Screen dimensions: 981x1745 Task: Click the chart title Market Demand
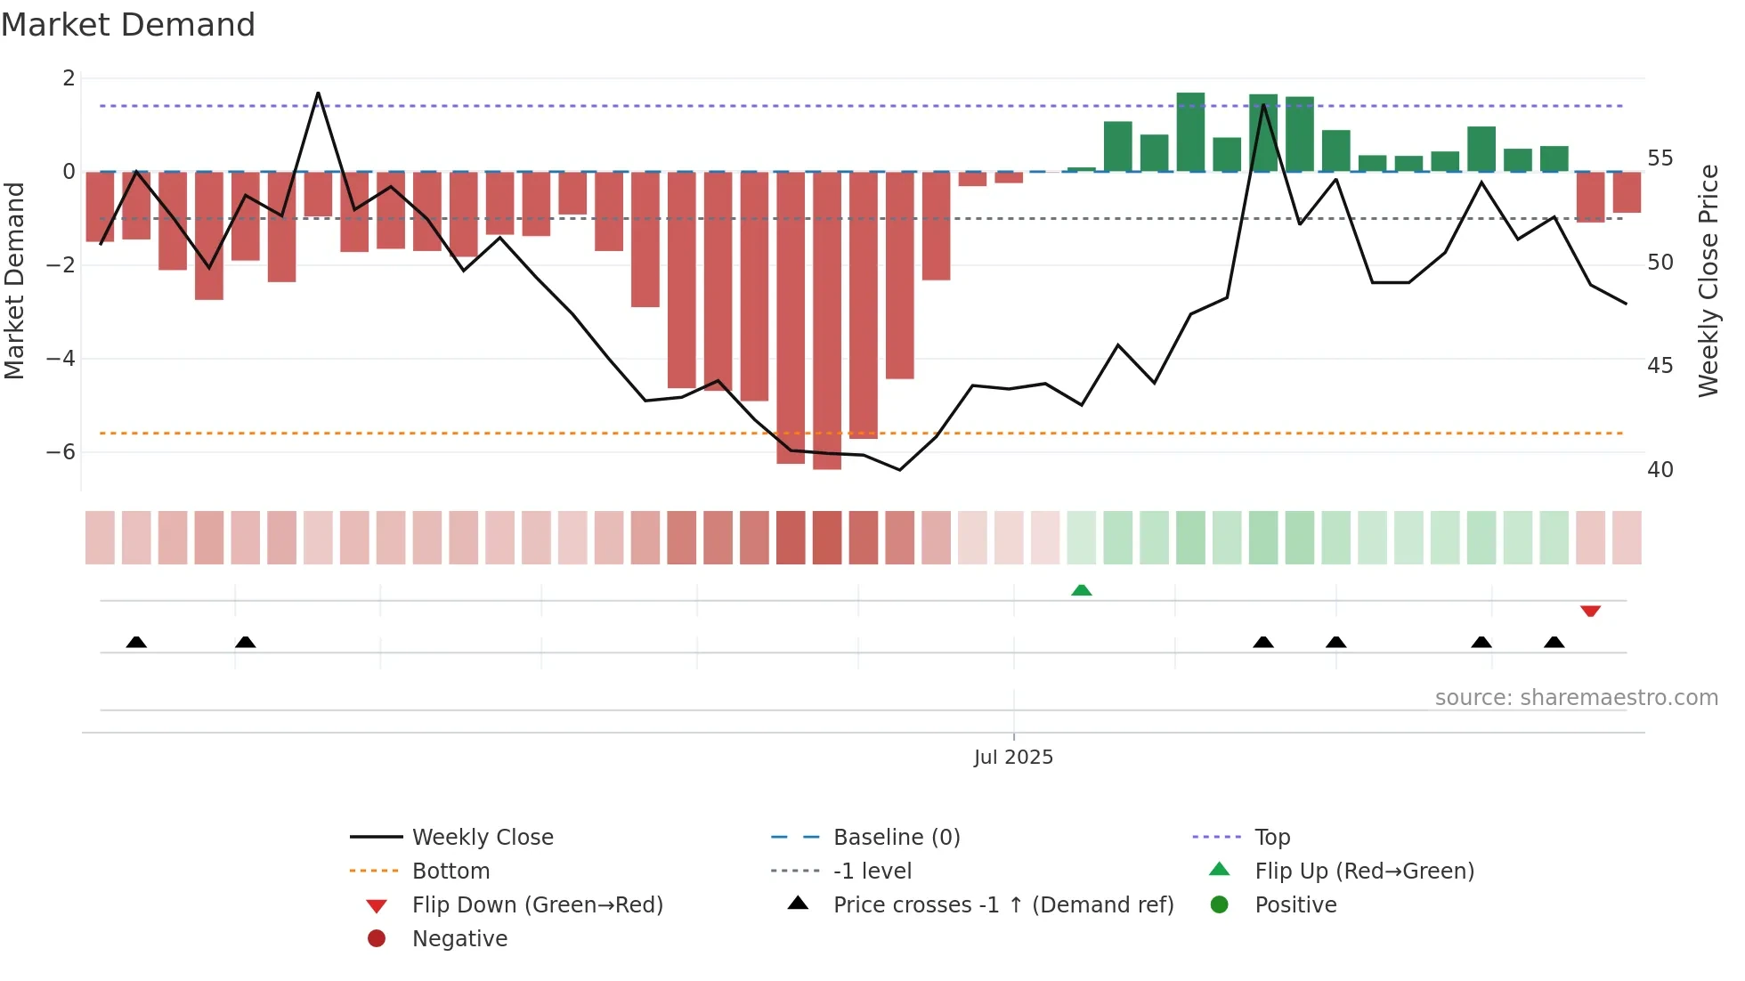[x=128, y=25]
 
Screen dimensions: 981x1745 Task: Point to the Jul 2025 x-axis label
[x=1013, y=758]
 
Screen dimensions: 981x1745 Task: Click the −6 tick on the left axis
[x=61, y=452]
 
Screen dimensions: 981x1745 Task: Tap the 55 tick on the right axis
[x=1660, y=158]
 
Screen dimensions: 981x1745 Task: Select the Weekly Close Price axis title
[x=1708, y=280]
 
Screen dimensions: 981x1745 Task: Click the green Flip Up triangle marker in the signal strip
[x=1082, y=590]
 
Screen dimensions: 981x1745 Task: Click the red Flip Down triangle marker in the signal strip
[x=1590, y=611]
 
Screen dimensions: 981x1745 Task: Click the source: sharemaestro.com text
[x=1576, y=698]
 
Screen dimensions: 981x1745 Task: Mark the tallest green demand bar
[x=1190, y=132]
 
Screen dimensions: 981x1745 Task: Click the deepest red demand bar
[x=827, y=320]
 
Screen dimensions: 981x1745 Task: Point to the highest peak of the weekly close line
[x=318, y=93]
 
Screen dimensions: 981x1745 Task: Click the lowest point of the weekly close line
[x=900, y=470]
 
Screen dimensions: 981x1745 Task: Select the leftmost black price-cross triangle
[x=136, y=642]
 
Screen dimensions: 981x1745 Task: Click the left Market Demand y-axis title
[x=14, y=280]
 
